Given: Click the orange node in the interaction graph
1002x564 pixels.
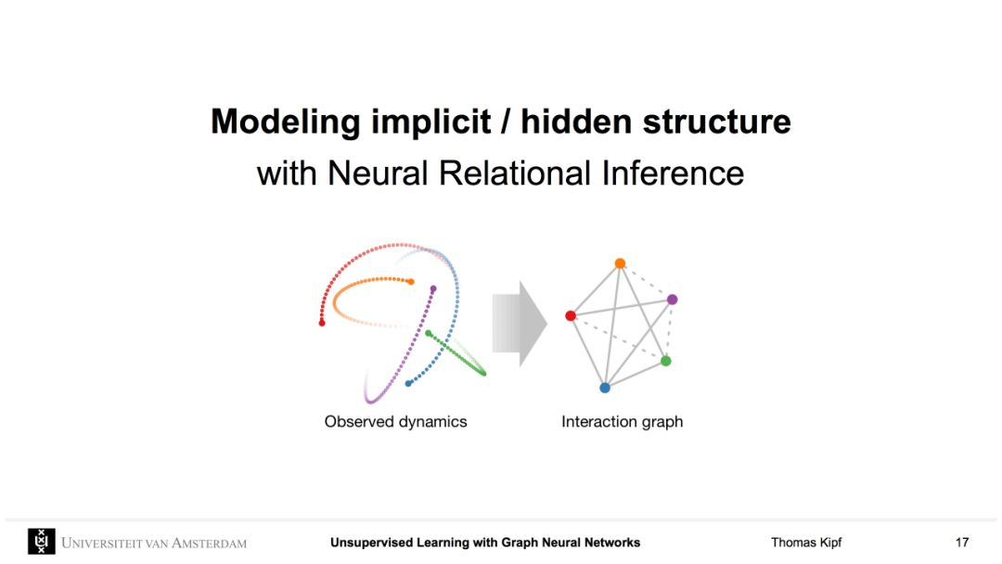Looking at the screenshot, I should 620,263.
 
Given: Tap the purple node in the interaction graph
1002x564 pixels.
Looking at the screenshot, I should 673,300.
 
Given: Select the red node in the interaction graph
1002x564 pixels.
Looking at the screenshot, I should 571,316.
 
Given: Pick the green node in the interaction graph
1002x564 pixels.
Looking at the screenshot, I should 666,361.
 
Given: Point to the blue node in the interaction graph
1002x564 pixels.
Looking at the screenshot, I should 605,388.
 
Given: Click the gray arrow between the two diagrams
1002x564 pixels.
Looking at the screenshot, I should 520,324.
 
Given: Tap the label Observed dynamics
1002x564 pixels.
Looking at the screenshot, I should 395,422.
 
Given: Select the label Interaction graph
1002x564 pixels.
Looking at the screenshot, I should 622,422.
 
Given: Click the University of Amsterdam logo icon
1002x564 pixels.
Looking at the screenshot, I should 42,542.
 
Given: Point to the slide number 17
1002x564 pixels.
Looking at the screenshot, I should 962,543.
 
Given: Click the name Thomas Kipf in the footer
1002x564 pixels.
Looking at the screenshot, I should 806,543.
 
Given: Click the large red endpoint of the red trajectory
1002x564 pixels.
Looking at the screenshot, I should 322,323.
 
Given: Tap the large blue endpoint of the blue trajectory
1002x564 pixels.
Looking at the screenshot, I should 408,383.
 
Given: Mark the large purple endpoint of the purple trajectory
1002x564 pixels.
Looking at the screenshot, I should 433,288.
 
